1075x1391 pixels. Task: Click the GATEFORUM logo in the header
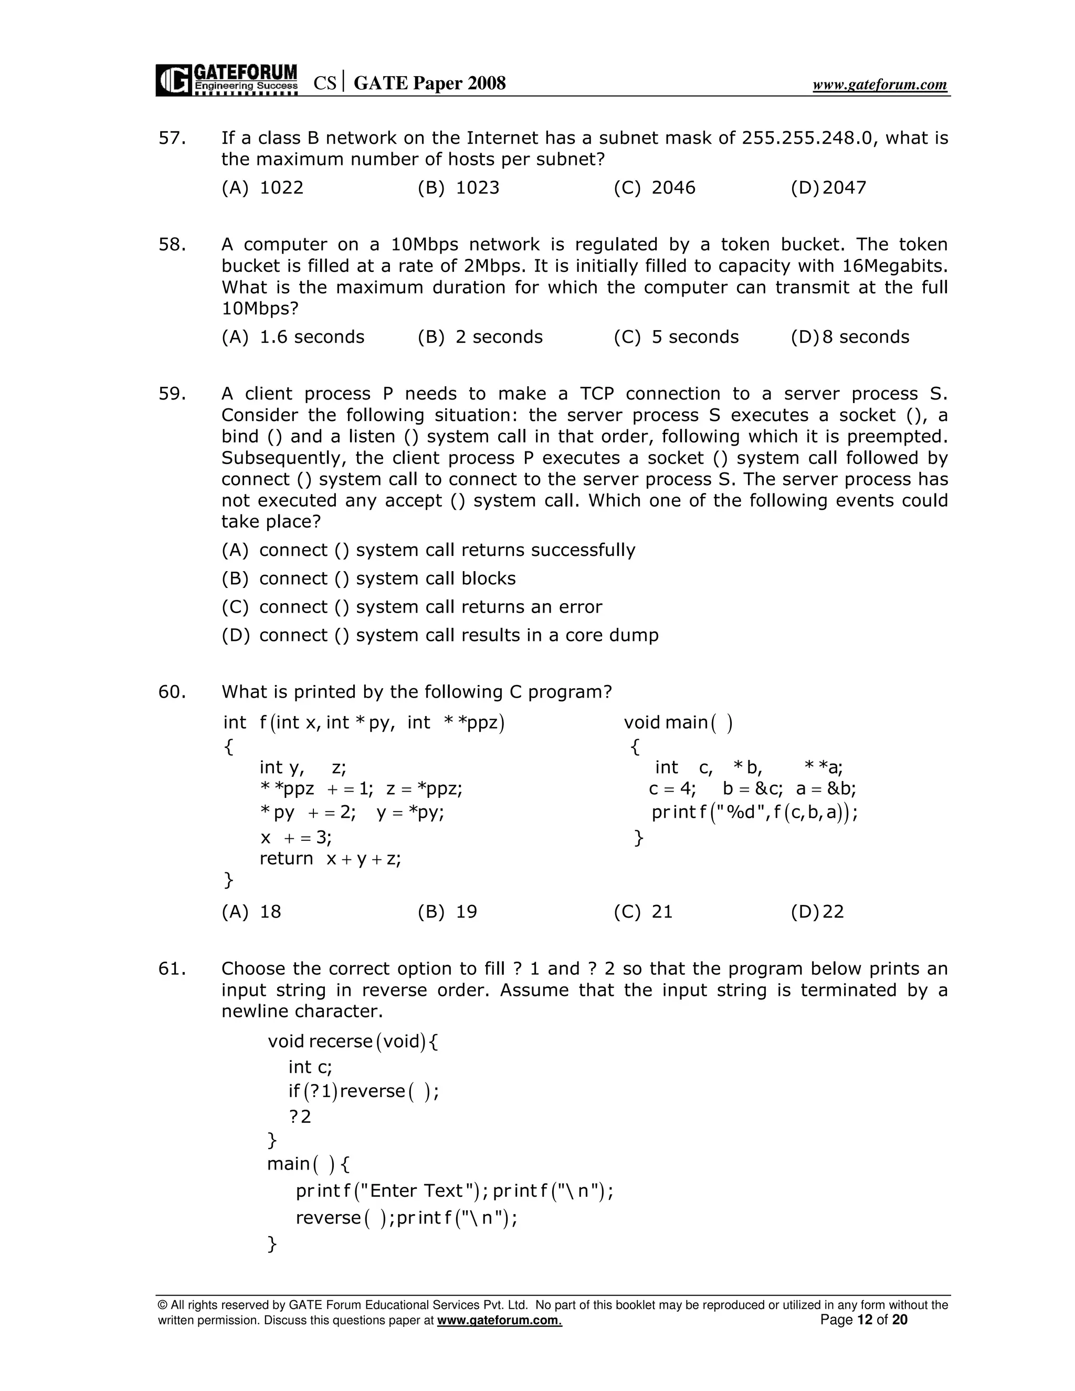point(227,80)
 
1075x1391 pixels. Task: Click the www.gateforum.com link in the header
point(880,85)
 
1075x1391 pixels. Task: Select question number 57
point(172,138)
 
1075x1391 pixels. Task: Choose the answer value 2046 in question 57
point(673,187)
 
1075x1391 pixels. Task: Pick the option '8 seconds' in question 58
point(866,337)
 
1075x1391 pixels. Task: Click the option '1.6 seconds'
point(311,337)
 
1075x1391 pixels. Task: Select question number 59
point(172,394)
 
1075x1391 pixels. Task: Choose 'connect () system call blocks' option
point(387,578)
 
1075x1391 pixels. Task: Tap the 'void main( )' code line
point(678,722)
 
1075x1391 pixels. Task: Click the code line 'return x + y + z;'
point(330,859)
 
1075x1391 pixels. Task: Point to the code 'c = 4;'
point(672,789)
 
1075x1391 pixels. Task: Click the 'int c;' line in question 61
point(310,1067)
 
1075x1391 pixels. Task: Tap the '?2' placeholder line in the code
point(300,1116)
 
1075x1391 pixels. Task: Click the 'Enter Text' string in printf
point(415,1190)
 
